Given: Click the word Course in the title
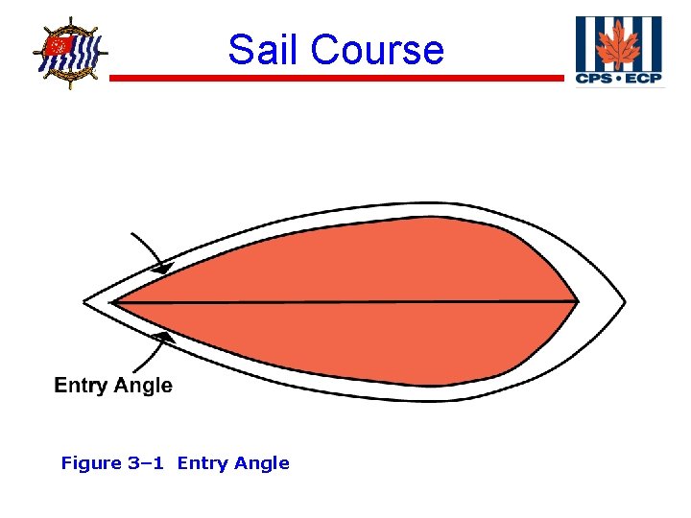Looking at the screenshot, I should pos(378,50).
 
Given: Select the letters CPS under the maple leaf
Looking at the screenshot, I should pos(593,78).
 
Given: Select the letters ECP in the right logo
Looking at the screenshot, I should pos(643,78).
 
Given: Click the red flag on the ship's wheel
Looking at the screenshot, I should pos(60,45).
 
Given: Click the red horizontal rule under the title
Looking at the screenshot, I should pos(336,79).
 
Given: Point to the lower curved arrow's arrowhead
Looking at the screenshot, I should pos(165,336).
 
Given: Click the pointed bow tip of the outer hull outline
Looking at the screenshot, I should pos(84,301).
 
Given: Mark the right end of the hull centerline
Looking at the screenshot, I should pos(577,302).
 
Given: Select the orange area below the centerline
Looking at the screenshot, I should pos(365,341).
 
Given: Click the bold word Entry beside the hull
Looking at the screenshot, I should pos(82,386).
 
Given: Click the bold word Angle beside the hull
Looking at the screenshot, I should pos(143,386).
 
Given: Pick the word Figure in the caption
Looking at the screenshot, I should pos(90,463).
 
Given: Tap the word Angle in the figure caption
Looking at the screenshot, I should pos(260,463).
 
